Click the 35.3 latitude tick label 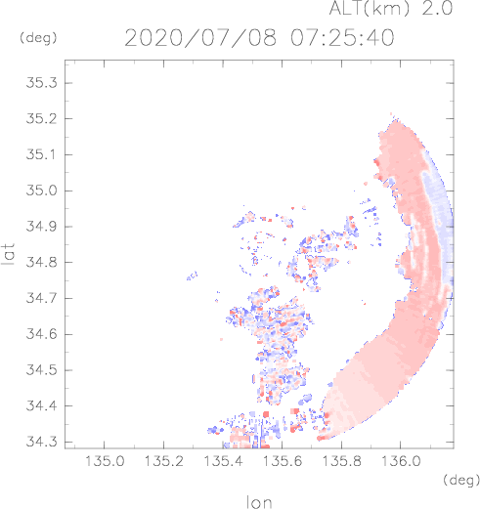pyautogui.click(x=41, y=83)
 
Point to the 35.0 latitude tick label pyautogui.click(x=41, y=191)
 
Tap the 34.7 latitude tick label pyautogui.click(x=41, y=298)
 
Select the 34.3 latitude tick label pyautogui.click(x=41, y=442)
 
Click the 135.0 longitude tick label pyautogui.click(x=105, y=461)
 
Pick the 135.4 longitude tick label pyautogui.click(x=223, y=461)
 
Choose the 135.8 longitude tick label pyautogui.click(x=341, y=461)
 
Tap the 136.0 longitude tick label pyautogui.click(x=401, y=461)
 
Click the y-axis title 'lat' pyautogui.click(x=9, y=254)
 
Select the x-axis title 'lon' pyautogui.click(x=259, y=502)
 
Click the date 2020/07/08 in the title pyautogui.click(x=200, y=38)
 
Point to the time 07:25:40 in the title pyautogui.click(x=342, y=38)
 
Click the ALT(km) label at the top pyautogui.click(x=369, y=8)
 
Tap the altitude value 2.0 pyautogui.click(x=437, y=8)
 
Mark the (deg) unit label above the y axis pyautogui.click(x=38, y=38)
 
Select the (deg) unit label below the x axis pyautogui.click(x=461, y=480)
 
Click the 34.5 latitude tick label pyautogui.click(x=41, y=370)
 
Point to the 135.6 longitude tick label pyautogui.click(x=283, y=461)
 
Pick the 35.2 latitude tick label pyautogui.click(x=41, y=118)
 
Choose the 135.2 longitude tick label pyautogui.click(x=163, y=461)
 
